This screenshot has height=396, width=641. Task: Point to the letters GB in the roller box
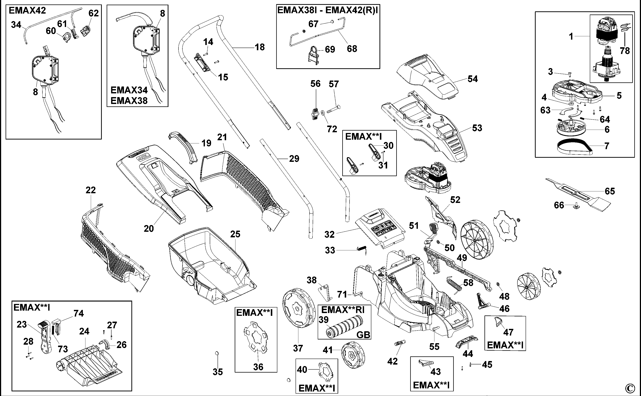pos(363,335)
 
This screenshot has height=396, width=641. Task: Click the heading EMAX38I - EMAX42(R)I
pos(328,10)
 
